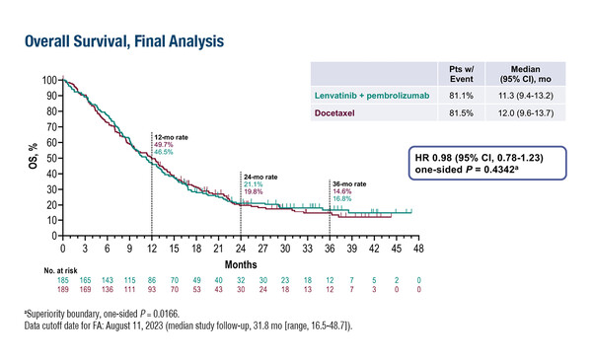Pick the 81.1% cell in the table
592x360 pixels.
[x=455, y=95]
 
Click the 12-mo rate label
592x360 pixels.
[x=169, y=134]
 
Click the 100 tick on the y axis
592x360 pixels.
[x=49, y=80]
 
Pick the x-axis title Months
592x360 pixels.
[x=241, y=265]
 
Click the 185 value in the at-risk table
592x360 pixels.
[x=63, y=282]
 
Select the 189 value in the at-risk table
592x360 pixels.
[x=63, y=292]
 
